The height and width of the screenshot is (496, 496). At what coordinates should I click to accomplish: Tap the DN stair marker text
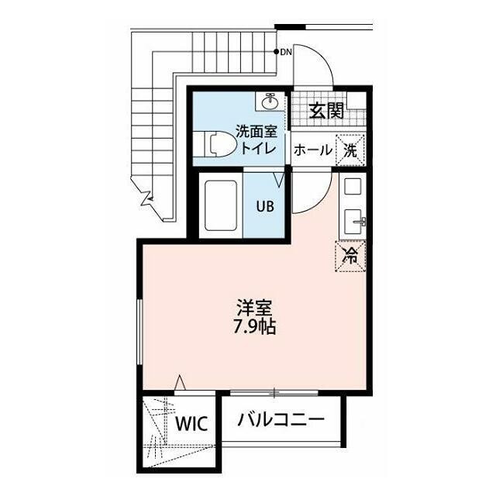pyautogui.click(x=286, y=52)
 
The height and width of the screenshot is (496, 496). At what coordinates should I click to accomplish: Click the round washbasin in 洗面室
pyautogui.click(x=270, y=102)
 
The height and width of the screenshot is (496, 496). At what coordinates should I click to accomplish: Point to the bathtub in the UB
pyautogui.click(x=221, y=205)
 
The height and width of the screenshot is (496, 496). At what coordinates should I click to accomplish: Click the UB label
pyautogui.click(x=265, y=207)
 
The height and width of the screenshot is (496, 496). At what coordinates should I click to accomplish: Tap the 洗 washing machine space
pyautogui.click(x=350, y=150)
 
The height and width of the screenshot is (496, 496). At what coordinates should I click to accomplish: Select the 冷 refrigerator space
pyautogui.click(x=350, y=256)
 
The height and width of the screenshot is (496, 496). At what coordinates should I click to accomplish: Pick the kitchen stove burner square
pyautogui.click(x=353, y=186)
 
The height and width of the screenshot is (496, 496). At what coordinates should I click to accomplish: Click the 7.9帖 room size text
pyautogui.click(x=255, y=327)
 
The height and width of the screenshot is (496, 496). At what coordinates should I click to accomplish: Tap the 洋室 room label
pyautogui.click(x=254, y=307)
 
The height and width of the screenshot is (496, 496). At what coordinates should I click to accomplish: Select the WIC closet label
pyautogui.click(x=191, y=424)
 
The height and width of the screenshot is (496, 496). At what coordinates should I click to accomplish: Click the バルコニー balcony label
pyautogui.click(x=281, y=419)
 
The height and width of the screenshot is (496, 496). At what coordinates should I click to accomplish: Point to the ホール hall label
pyautogui.click(x=313, y=150)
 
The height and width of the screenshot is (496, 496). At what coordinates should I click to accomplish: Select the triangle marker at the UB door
pyautogui.click(x=279, y=180)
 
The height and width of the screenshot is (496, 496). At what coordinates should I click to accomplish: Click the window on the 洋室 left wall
pyautogui.click(x=139, y=332)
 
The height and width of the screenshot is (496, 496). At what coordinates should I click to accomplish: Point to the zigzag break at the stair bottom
pyautogui.click(x=146, y=196)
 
